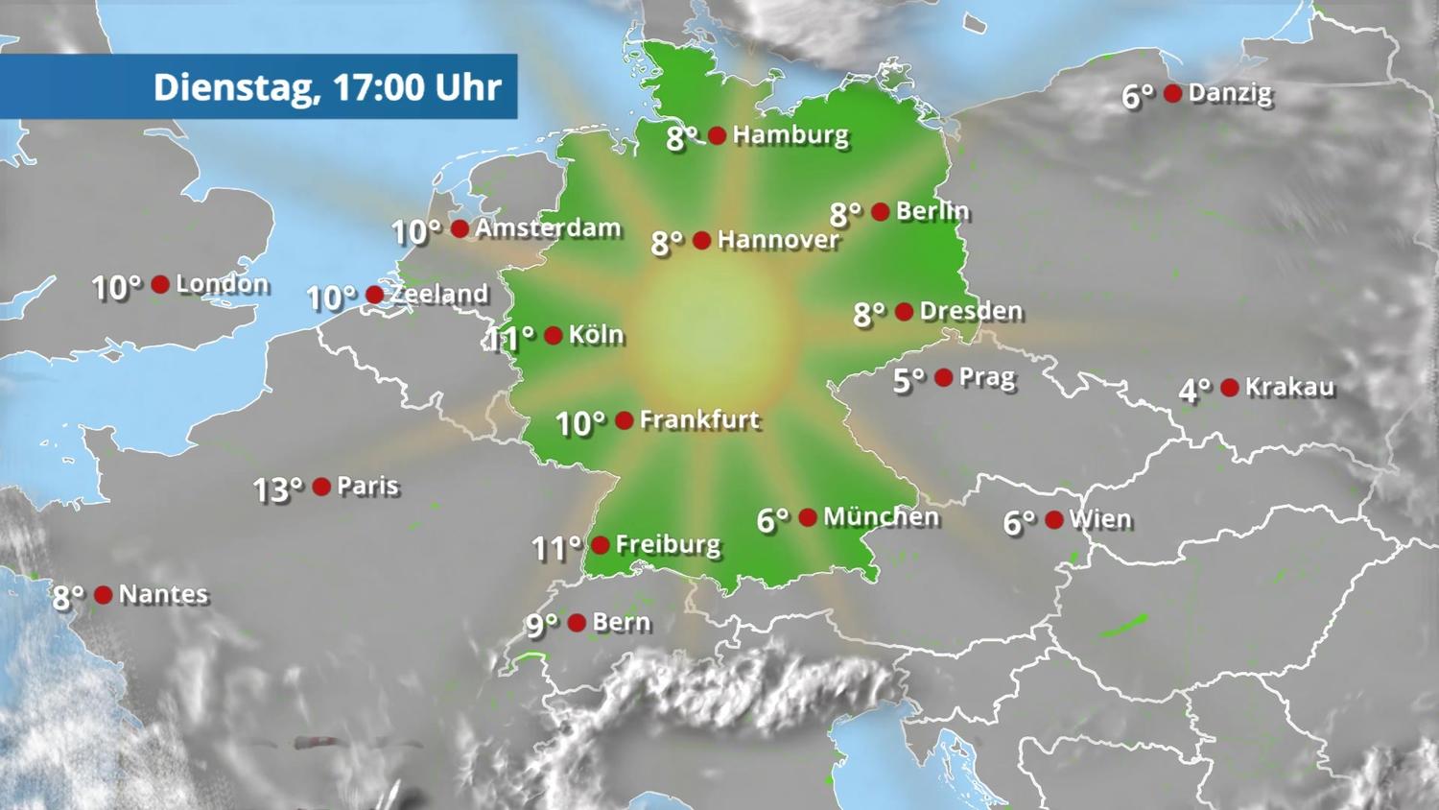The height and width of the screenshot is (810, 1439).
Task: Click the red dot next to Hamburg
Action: point(717,135)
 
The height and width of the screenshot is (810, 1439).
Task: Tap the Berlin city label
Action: point(932,211)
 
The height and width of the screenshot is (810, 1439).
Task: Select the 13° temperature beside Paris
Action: point(277,489)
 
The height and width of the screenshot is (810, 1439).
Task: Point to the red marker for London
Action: point(160,284)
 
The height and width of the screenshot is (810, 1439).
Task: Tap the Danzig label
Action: point(1230,93)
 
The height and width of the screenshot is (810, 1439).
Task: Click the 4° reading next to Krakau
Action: point(1194,390)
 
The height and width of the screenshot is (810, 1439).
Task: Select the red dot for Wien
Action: point(1054,520)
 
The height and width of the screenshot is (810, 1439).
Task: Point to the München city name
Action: point(881,517)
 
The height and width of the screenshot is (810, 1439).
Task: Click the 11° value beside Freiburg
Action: point(556,548)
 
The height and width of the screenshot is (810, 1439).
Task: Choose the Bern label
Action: point(622,623)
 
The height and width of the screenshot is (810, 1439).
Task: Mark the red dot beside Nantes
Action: point(104,595)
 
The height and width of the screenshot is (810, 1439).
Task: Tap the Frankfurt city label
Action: point(699,419)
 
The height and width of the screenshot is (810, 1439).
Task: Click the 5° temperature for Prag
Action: point(908,380)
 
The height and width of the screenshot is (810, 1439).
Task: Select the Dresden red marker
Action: point(904,312)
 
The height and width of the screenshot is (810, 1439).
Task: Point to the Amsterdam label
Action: point(548,228)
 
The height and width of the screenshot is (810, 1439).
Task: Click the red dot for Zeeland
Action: point(375,295)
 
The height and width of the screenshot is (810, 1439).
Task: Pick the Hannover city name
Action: point(778,240)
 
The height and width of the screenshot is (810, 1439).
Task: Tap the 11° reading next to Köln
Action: point(509,338)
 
